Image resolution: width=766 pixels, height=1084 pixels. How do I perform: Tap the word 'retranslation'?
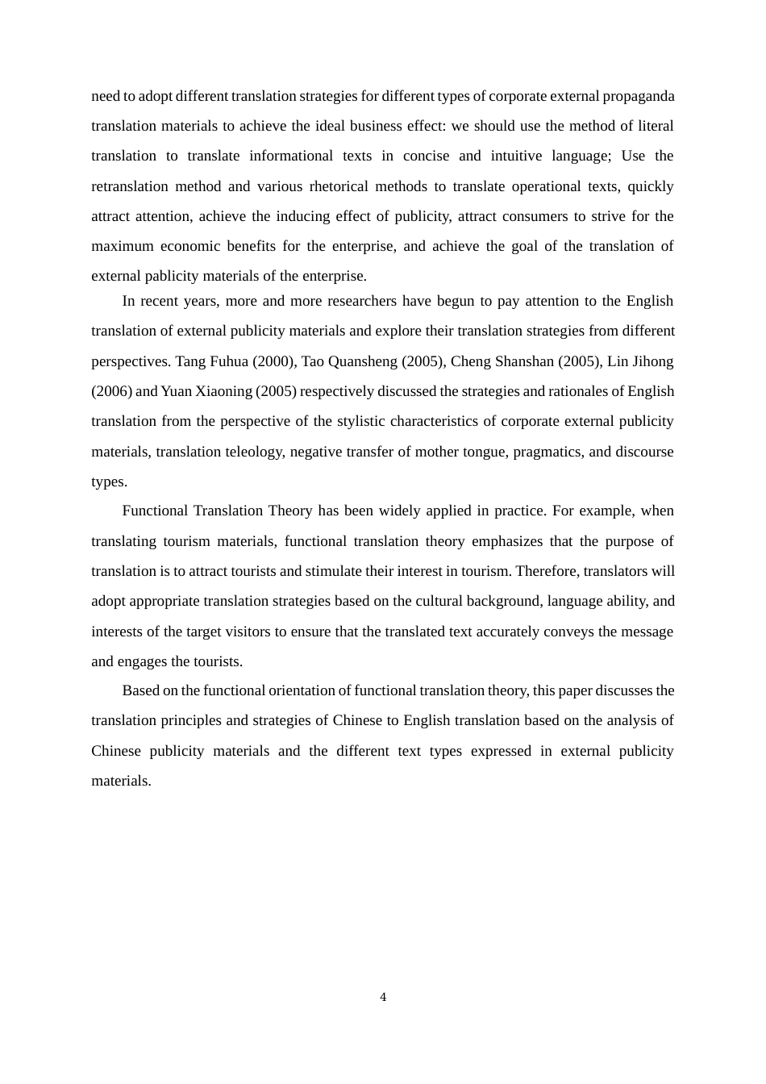pyautogui.click(x=131, y=186)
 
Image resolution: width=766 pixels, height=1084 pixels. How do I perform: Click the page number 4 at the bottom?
pyautogui.click(x=383, y=998)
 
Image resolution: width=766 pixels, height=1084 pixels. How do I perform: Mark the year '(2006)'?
pyautogui.click(x=111, y=392)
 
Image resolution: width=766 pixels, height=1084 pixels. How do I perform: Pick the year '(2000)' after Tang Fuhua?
pyautogui.click(x=274, y=361)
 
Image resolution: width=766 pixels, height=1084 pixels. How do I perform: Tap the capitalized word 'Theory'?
pyautogui.click(x=291, y=511)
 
